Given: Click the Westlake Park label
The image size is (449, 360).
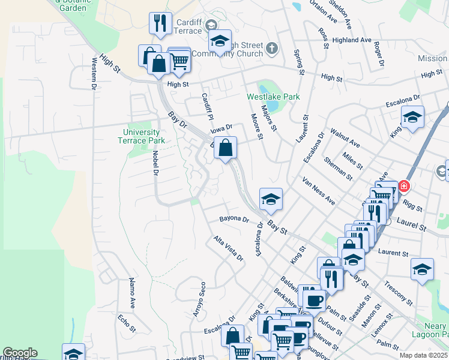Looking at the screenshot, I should click(x=273, y=97).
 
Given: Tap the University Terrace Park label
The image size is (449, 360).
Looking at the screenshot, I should click(x=142, y=136).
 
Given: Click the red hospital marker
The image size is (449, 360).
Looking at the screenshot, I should click(x=404, y=186).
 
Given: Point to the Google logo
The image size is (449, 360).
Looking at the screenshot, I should click(x=19, y=353).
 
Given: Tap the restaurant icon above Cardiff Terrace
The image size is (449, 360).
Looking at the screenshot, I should click(x=160, y=23).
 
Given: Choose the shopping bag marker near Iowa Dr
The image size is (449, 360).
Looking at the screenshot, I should click(x=225, y=148).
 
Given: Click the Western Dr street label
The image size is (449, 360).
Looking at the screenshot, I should click(x=94, y=73).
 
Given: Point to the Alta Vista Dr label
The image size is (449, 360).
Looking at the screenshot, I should click(x=229, y=248).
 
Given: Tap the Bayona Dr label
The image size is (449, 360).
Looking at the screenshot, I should click(x=234, y=219).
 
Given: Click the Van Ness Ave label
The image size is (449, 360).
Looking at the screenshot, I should click(x=318, y=191).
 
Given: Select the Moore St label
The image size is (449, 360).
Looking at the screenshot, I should click(x=257, y=127).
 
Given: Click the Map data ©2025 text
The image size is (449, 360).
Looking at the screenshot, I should click(x=424, y=355).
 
